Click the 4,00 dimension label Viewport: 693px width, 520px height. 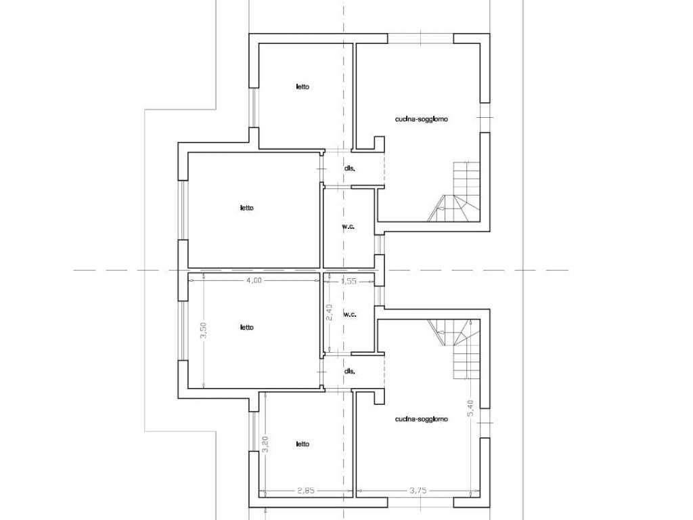[254, 280]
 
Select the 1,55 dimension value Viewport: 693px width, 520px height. [349, 281]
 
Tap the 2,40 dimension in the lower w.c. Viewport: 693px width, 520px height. [328, 312]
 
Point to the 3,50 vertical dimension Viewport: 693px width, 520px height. [204, 330]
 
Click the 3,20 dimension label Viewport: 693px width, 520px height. [265, 444]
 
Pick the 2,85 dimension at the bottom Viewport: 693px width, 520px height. [306, 490]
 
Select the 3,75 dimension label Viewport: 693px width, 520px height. [418, 490]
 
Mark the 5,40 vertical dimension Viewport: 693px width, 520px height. [470, 408]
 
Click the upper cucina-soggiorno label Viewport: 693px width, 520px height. [421, 119]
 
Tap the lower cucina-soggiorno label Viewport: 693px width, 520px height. [421, 418]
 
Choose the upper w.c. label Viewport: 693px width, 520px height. [349, 227]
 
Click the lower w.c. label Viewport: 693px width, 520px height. [350, 315]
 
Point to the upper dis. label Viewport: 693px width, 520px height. [350, 169]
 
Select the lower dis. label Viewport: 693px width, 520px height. [350, 372]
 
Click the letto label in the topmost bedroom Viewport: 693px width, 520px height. [303, 87]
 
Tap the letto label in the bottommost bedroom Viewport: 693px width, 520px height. [303, 444]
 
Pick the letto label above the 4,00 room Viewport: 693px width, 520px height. [247, 208]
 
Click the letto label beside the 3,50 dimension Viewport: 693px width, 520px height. [247, 327]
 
